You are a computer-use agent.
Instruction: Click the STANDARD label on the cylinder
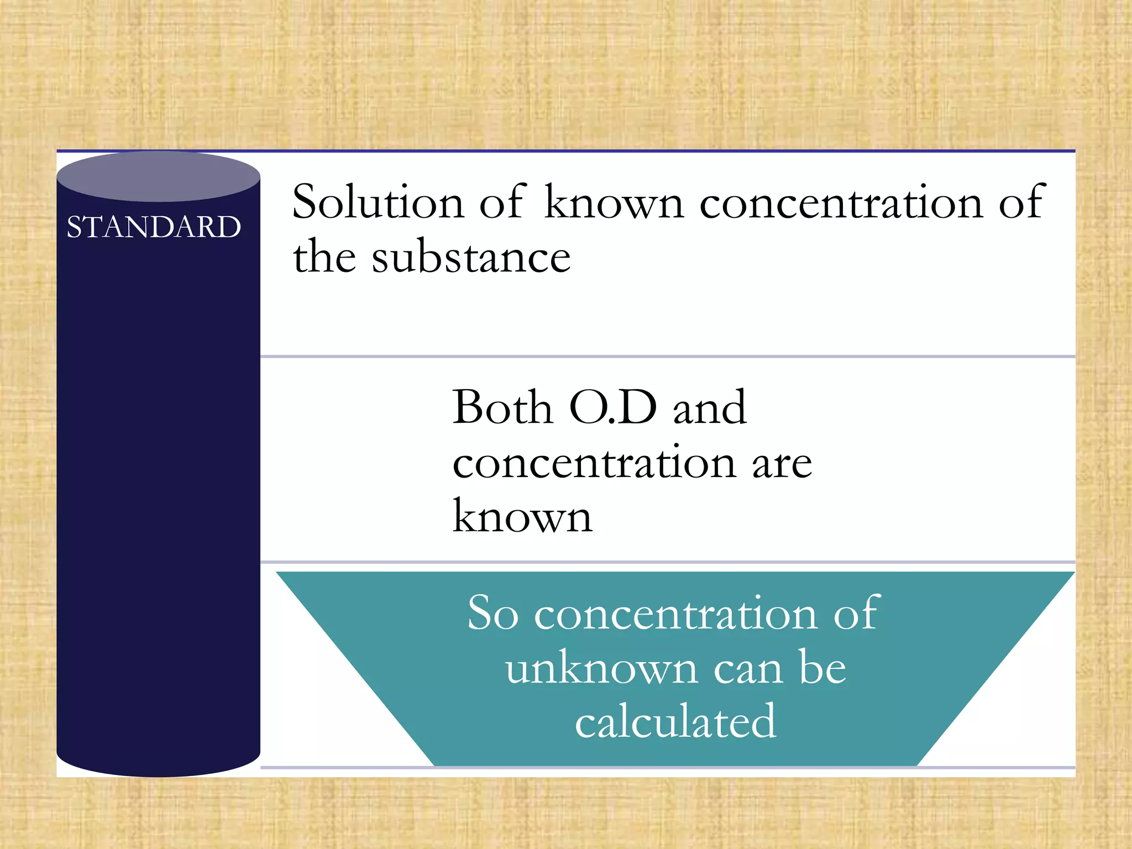click(154, 227)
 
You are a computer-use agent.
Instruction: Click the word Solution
click(378, 202)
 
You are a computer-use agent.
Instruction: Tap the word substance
click(471, 257)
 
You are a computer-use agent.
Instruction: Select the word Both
click(502, 407)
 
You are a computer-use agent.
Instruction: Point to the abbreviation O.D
click(613, 407)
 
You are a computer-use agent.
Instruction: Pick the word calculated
click(675, 721)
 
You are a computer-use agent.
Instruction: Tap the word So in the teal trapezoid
click(492, 614)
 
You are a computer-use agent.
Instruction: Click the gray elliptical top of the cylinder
click(159, 176)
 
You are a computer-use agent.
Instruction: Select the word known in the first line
click(614, 202)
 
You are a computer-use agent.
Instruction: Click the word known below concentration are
click(522, 517)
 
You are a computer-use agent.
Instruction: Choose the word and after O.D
click(710, 407)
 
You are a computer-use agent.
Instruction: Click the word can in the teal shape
click(748, 669)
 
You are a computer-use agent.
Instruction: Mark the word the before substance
click(324, 257)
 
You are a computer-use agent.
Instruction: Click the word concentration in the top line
click(841, 202)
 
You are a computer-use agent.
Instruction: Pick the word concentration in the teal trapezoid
click(675, 614)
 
